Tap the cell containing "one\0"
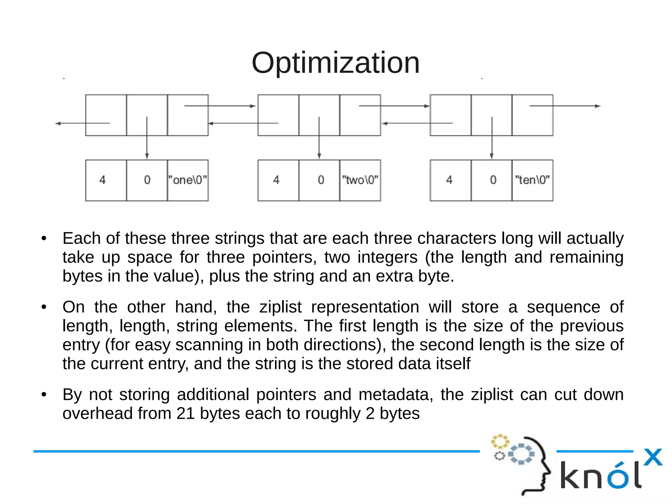[x=188, y=180]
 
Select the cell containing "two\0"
[x=360, y=180]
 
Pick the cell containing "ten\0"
[x=532, y=180]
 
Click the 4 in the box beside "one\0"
[x=103, y=180]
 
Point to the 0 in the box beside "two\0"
[x=321, y=180]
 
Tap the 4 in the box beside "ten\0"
[x=449, y=180]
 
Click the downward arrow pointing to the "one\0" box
[x=147, y=138]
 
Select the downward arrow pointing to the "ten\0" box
[x=492, y=138]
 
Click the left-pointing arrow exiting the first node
[x=82, y=123]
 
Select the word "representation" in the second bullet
[x=365, y=307]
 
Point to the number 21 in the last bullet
[x=186, y=413]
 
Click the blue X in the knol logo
[x=653, y=457]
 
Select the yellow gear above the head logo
[x=500, y=441]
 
